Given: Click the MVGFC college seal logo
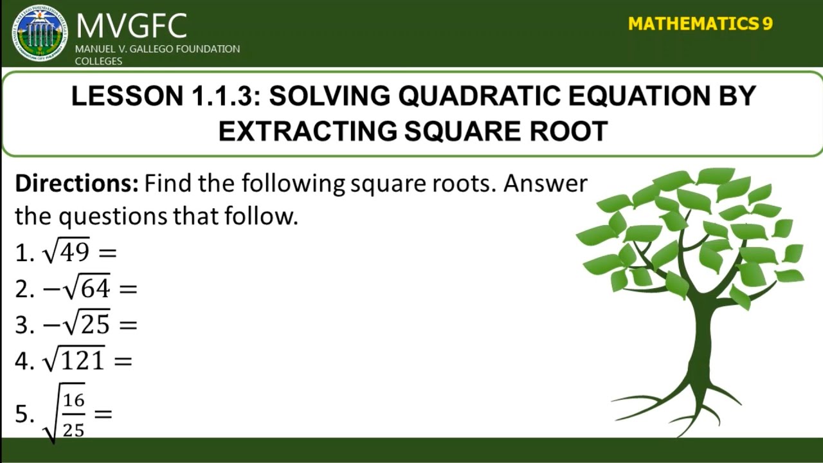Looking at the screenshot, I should [39, 33].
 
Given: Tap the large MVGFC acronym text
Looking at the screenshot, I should [131, 26].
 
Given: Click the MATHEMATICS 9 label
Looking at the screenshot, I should [700, 24].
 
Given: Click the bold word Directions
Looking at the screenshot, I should [77, 184].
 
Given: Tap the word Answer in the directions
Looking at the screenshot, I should [545, 184].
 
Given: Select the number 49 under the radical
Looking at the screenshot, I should [75, 252].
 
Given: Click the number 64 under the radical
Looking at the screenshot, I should [95, 289].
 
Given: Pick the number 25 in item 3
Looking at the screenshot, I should [95, 325].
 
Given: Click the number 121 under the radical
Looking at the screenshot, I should [82, 361].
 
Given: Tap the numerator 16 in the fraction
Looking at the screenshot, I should [74, 401].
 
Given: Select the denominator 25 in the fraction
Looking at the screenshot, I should [74, 428].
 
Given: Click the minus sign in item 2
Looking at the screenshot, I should [51, 289].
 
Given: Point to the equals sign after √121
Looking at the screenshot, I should [122, 361].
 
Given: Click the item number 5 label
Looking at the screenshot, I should [23, 414].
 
